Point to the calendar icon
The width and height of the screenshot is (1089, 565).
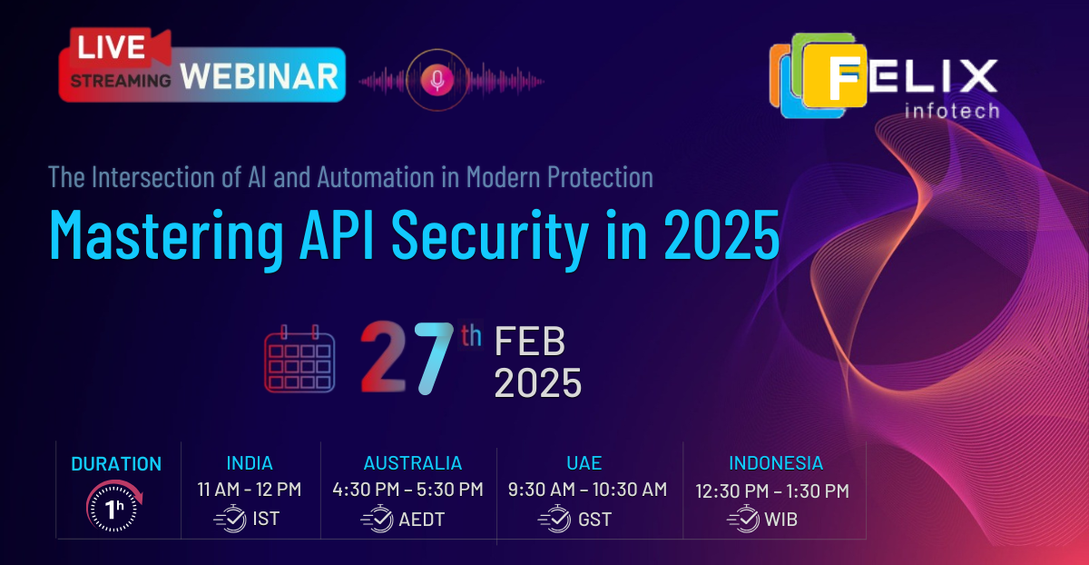(x=299, y=359)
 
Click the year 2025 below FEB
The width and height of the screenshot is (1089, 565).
(x=537, y=383)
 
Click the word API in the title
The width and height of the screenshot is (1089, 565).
(x=347, y=234)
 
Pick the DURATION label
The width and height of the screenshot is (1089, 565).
(x=116, y=463)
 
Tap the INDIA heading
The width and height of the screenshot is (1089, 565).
(x=249, y=463)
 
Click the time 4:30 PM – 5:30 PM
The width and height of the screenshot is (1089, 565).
(x=408, y=490)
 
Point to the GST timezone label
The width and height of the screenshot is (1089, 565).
(x=594, y=520)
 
